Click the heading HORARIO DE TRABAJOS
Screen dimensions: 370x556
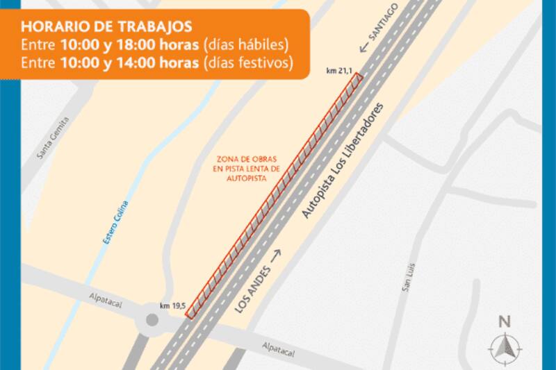(107, 28)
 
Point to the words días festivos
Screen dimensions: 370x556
(247, 63)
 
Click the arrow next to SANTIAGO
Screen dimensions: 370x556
(362, 47)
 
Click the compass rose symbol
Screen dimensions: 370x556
(505, 346)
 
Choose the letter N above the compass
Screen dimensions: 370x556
(505, 321)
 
